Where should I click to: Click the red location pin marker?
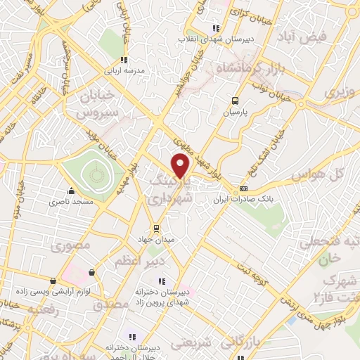pyautogui.click(x=181, y=165)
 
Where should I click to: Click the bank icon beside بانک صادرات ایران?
pyautogui.click(x=244, y=188)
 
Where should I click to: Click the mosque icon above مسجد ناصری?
pyautogui.click(x=70, y=191)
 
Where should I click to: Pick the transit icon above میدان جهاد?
pyautogui.click(x=157, y=228)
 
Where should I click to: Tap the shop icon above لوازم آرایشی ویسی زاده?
pyautogui.click(x=91, y=272)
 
